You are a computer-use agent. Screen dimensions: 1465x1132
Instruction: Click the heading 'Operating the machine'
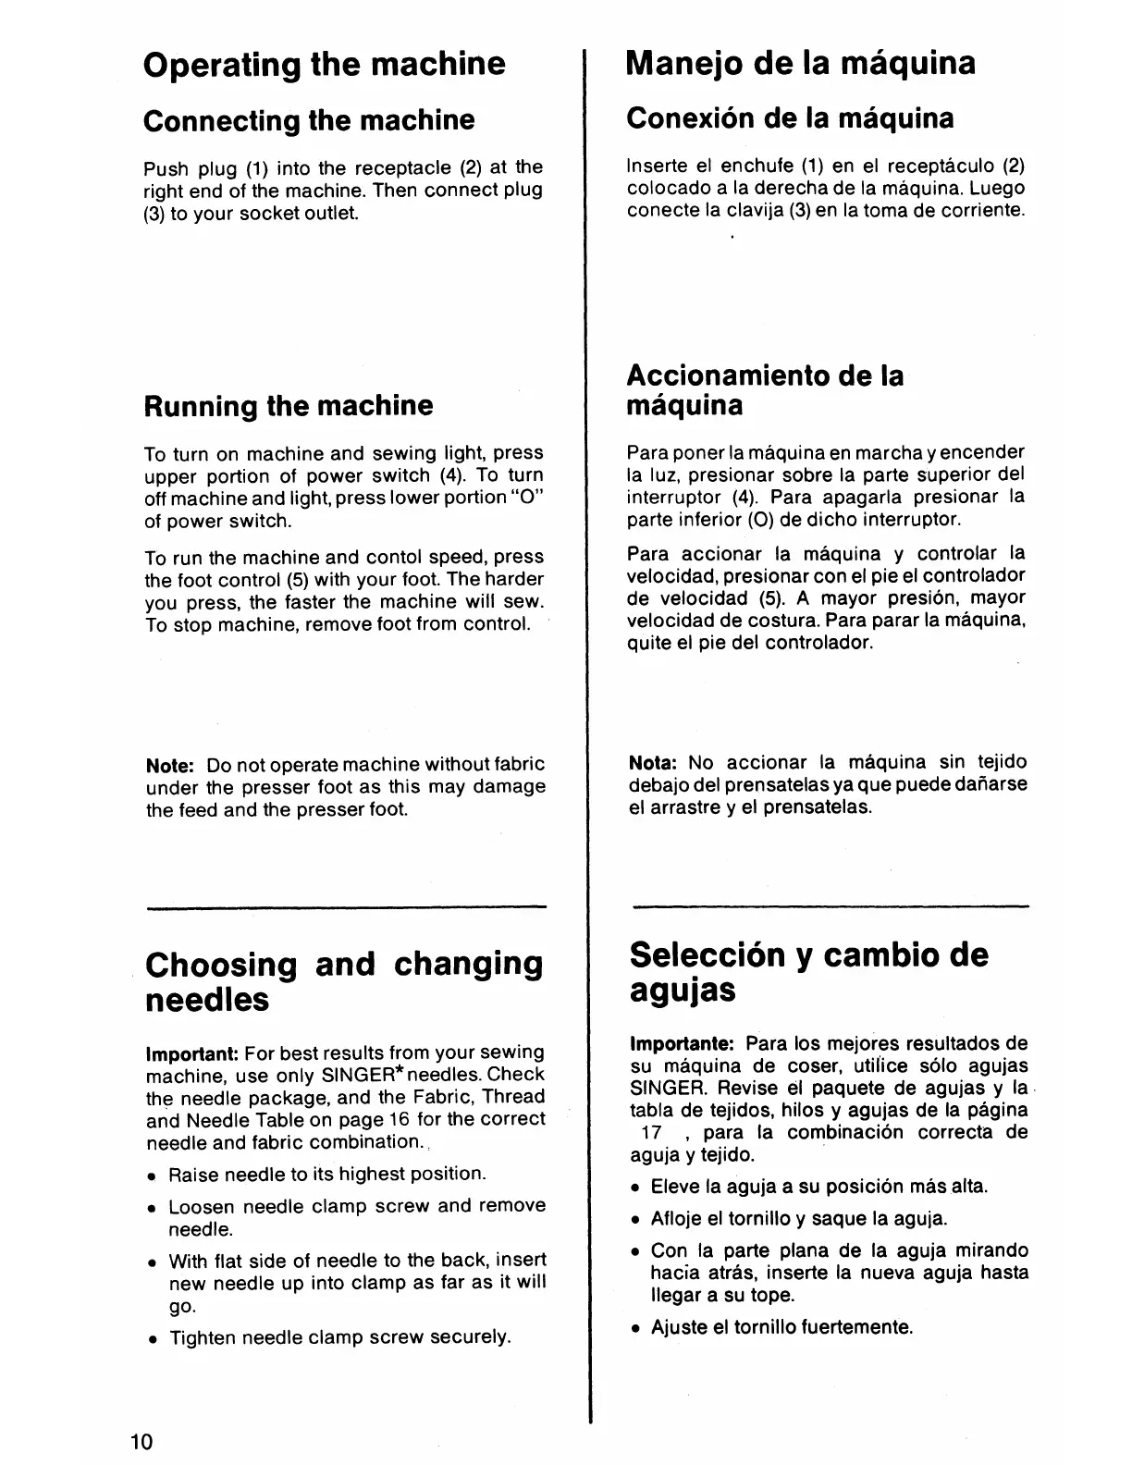(x=325, y=64)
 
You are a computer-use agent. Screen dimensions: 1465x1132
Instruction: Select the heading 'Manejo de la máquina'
(x=801, y=63)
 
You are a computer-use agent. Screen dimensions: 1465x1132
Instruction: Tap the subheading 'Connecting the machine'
(x=309, y=120)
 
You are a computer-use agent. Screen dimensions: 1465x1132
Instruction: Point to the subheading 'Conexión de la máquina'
(x=791, y=118)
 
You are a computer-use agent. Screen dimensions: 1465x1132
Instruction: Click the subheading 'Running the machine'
(x=288, y=405)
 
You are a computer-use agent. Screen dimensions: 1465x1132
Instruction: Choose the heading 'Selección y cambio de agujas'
(x=808, y=972)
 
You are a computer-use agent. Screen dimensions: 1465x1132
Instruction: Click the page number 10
(x=143, y=1442)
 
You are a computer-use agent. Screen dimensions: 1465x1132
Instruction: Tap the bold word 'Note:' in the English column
(x=170, y=766)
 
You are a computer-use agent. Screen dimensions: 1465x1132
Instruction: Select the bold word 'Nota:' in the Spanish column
(x=653, y=763)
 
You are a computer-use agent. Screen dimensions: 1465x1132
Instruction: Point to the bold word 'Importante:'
(x=682, y=1044)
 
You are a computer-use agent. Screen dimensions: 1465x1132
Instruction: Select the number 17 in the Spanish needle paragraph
(x=651, y=1133)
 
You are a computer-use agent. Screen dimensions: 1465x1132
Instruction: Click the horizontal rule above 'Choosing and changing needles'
(x=346, y=908)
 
